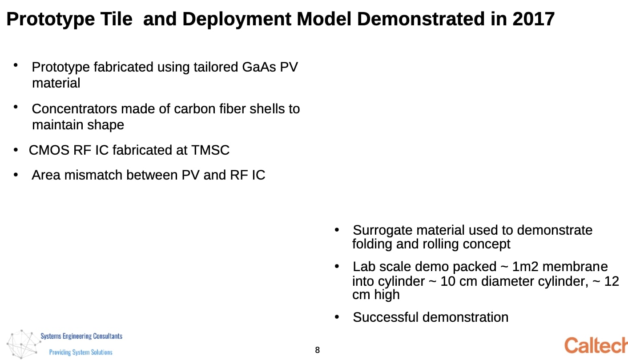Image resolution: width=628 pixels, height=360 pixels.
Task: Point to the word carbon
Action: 194,109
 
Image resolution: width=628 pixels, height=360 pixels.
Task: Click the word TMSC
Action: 210,150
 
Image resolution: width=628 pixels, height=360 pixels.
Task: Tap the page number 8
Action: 317,350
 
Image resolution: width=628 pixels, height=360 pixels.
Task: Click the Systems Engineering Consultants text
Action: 81,336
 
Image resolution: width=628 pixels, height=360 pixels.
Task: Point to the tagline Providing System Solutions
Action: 81,352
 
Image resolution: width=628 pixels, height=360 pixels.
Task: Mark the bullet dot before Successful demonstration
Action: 337,317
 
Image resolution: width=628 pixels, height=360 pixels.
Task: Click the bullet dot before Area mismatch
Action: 16,175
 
